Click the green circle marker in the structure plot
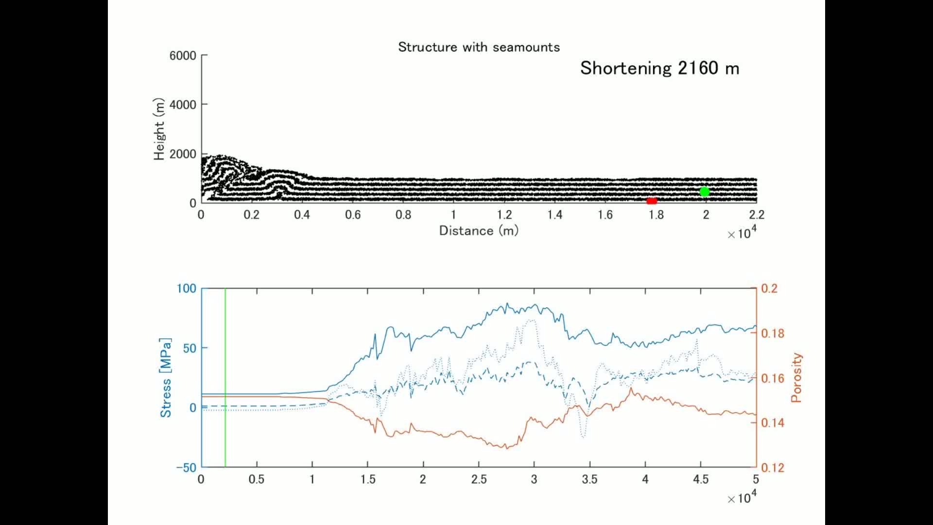pyautogui.click(x=704, y=192)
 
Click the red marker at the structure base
pyautogui.click(x=652, y=201)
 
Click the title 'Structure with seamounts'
pyautogui.click(x=479, y=47)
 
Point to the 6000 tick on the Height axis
pyautogui.click(x=183, y=56)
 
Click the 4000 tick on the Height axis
pyautogui.click(x=183, y=105)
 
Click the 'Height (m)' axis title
pyautogui.click(x=159, y=129)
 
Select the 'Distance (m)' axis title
pyautogui.click(x=479, y=230)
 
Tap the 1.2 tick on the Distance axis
pyautogui.click(x=504, y=215)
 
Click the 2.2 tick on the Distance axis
pyautogui.click(x=756, y=215)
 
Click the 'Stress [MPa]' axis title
pyautogui.click(x=166, y=378)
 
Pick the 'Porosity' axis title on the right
pyautogui.click(x=796, y=378)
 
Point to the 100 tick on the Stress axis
pyautogui.click(x=186, y=289)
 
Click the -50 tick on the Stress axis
pyautogui.click(x=186, y=468)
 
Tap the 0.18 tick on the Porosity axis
pyautogui.click(x=773, y=333)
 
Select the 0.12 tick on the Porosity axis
pyautogui.click(x=773, y=468)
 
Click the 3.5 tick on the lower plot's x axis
pyautogui.click(x=589, y=480)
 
